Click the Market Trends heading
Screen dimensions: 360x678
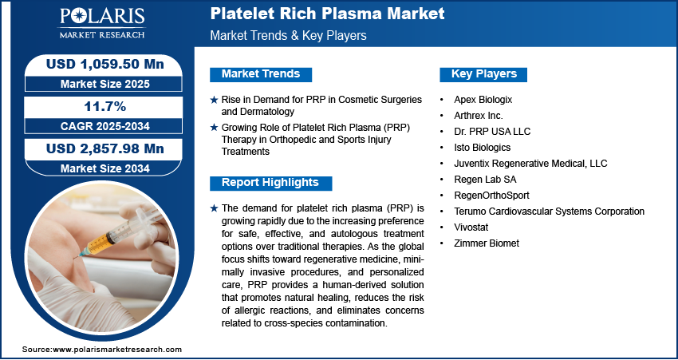pyautogui.click(x=261, y=74)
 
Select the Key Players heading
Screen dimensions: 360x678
pyautogui.click(x=484, y=74)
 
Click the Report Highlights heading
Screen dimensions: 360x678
pyautogui.click(x=270, y=183)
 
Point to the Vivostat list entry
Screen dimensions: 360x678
pyautogui.click(x=477, y=227)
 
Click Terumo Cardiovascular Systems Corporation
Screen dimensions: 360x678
pyautogui.click(x=550, y=212)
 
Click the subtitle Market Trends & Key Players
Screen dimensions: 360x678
pyautogui.click(x=289, y=36)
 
